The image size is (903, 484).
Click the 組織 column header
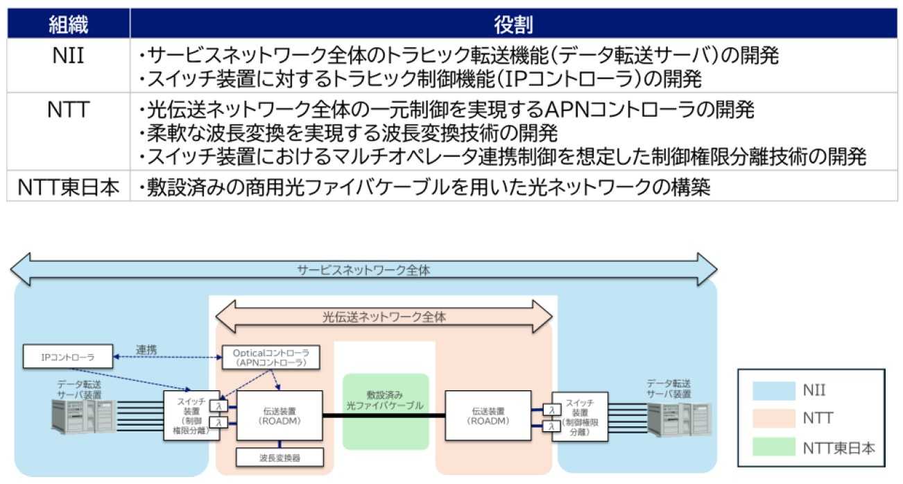68,24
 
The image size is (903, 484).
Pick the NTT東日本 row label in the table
68,187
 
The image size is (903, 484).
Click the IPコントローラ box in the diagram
67,357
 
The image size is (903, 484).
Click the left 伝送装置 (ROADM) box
279,415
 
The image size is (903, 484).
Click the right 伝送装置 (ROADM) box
486,415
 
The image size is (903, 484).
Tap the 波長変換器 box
279,457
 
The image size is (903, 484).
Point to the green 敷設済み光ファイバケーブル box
385,411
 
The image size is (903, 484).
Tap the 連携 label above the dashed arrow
146,349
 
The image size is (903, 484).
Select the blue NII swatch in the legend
774,391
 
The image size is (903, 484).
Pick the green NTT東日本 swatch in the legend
774,447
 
